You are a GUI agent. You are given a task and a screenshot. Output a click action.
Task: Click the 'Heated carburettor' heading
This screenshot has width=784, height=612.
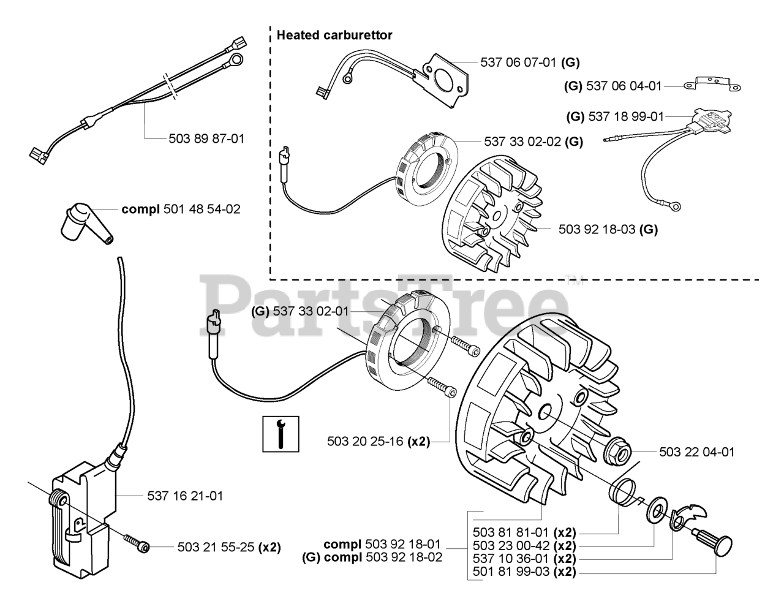click(x=334, y=35)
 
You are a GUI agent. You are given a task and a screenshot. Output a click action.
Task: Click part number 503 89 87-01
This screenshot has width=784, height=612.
click(x=206, y=138)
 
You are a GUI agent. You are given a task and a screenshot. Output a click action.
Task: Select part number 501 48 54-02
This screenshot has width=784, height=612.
click(x=202, y=210)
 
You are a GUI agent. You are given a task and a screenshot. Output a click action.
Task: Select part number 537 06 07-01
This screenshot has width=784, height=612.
click(x=520, y=62)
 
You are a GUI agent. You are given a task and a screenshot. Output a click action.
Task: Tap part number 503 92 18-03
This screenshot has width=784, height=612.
click(x=597, y=230)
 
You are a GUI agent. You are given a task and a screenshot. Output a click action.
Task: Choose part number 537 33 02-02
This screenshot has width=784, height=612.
click(x=522, y=142)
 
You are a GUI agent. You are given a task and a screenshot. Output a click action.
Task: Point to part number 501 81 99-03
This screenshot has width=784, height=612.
click(x=511, y=573)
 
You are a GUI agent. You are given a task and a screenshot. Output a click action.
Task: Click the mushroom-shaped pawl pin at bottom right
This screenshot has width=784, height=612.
click(x=713, y=542)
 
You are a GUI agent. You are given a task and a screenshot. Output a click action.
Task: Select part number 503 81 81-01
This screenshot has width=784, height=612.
click(x=511, y=532)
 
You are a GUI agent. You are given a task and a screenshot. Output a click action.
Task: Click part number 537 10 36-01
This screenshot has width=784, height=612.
click(x=511, y=559)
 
